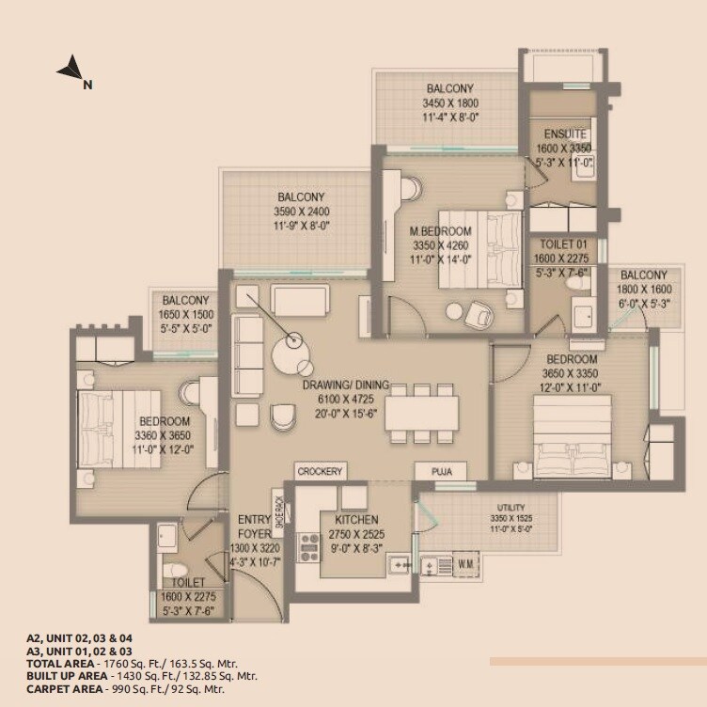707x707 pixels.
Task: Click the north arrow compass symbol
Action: pos(70,69)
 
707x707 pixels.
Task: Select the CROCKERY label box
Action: pos(321,471)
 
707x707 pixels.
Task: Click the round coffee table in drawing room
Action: pos(290,356)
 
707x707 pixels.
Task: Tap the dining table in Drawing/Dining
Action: pos(421,410)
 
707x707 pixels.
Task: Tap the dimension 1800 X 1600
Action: pos(645,290)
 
